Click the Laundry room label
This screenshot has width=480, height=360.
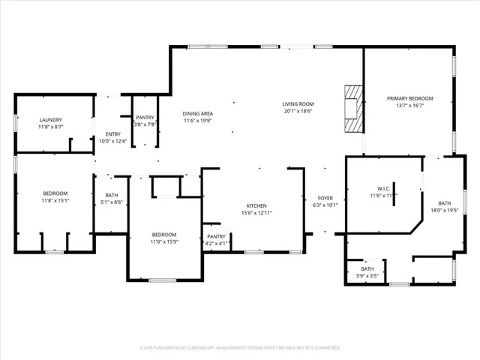click(x=51, y=120)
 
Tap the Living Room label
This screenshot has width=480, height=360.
click(x=298, y=104)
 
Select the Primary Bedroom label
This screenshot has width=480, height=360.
click(x=409, y=98)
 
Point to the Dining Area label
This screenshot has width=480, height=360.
click(x=198, y=113)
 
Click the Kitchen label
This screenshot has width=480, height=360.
click(x=257, y=205)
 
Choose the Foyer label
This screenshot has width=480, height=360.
click(x=325, y=198)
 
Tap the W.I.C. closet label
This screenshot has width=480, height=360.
click(x=382, y=188)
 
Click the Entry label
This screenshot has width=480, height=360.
click(x=114, y=134)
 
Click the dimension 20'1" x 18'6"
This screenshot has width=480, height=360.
click(x=298, y=111)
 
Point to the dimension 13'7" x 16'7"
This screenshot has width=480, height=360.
click(x=409, y=106)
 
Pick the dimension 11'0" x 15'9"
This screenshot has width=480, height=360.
click(x=164, y=241)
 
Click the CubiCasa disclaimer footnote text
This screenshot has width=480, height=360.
click(x=240, y=348)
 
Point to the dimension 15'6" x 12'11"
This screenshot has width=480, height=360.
click(x=257, y=213)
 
